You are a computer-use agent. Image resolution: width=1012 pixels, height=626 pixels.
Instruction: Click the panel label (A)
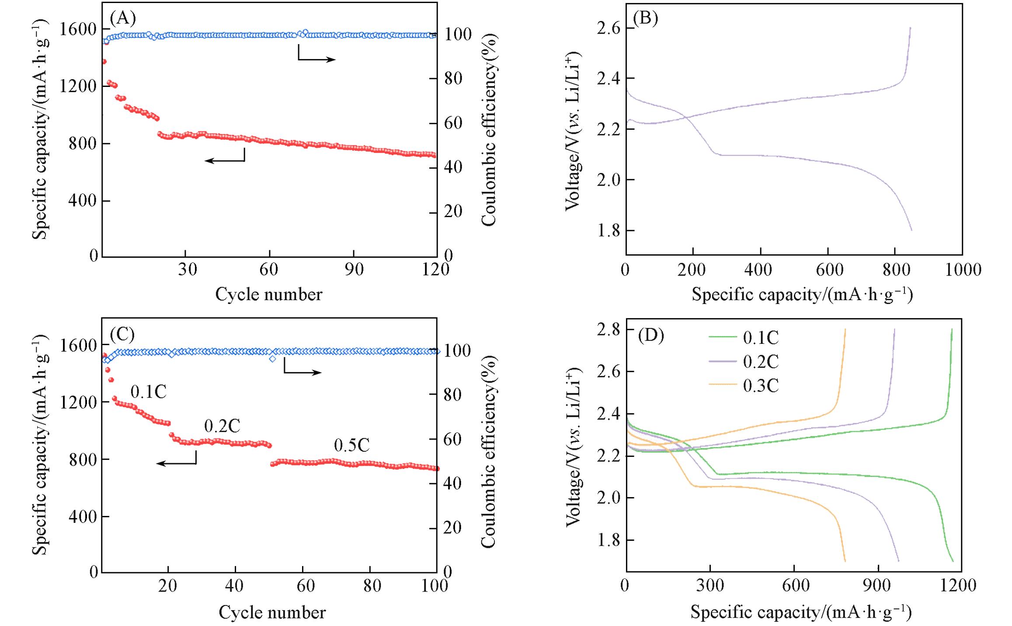[123, 18]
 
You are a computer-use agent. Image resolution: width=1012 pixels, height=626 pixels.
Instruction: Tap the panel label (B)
[646, 18]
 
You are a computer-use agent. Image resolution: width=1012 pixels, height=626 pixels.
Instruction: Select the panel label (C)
[123, 334]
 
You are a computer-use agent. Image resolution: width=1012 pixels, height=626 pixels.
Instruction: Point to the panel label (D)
[651, 335]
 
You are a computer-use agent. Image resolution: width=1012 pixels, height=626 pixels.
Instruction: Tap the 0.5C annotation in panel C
[351, 446]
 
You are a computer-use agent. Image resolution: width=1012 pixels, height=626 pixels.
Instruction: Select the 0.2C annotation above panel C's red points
[222, 426]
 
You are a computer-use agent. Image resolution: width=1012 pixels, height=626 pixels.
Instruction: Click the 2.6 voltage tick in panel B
[608, 28]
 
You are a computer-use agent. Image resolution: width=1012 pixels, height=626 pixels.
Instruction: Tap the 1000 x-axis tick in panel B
[963, 270]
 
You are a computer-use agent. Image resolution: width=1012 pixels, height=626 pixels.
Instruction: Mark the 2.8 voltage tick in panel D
[608, 330]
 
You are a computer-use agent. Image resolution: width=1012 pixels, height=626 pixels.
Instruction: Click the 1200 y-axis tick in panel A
[78, 86]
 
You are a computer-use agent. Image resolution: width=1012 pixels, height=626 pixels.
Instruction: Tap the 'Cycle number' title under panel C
[272, 612]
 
